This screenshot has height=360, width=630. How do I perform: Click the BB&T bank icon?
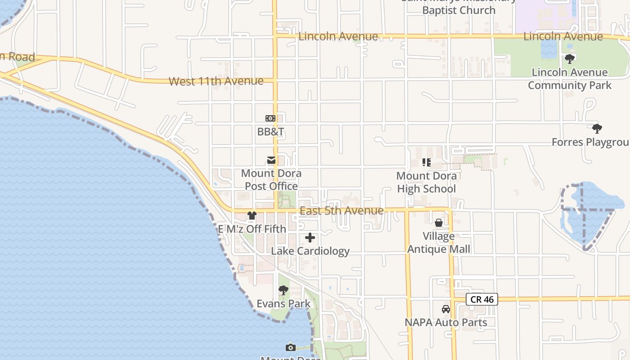click(x=270, y=118)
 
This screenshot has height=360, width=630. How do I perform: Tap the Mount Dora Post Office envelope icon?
click(x=271, y=160)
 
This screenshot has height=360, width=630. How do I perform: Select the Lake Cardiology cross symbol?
click(x=310, y=238)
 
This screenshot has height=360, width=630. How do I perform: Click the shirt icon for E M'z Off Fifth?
click(x=252, y=216)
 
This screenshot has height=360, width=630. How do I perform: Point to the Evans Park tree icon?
click(x=283, y=291)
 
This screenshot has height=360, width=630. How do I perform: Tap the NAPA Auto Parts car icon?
click(x=445, y=309)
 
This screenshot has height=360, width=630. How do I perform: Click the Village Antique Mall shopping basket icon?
click(x=439, y=223)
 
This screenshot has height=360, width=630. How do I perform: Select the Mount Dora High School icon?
click(x=426, y=162)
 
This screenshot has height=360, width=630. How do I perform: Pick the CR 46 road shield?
click(x=482, y=299)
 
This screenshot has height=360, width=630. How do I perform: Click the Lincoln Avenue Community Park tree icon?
click(x=570, y=59)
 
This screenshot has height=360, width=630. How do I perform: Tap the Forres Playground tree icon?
click(x=597, y=129)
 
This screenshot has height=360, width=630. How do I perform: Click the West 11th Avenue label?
click(x=216, y=81)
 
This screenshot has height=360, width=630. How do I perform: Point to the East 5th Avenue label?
click(x=342, y=211)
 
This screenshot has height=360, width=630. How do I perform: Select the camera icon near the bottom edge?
click(x=291, y=347)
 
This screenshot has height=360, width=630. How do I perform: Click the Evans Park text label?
click(x=283, y=304)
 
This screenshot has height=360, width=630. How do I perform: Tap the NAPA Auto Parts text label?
click(x=445, y=322)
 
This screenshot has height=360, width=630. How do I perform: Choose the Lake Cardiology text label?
click(x=310, y=251)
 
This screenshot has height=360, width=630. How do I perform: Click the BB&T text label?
click(x=270, y=132)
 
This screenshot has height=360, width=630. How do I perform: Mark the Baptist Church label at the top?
click(x=459, y=10)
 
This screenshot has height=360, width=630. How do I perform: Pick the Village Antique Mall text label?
click(x=439, y=243)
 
